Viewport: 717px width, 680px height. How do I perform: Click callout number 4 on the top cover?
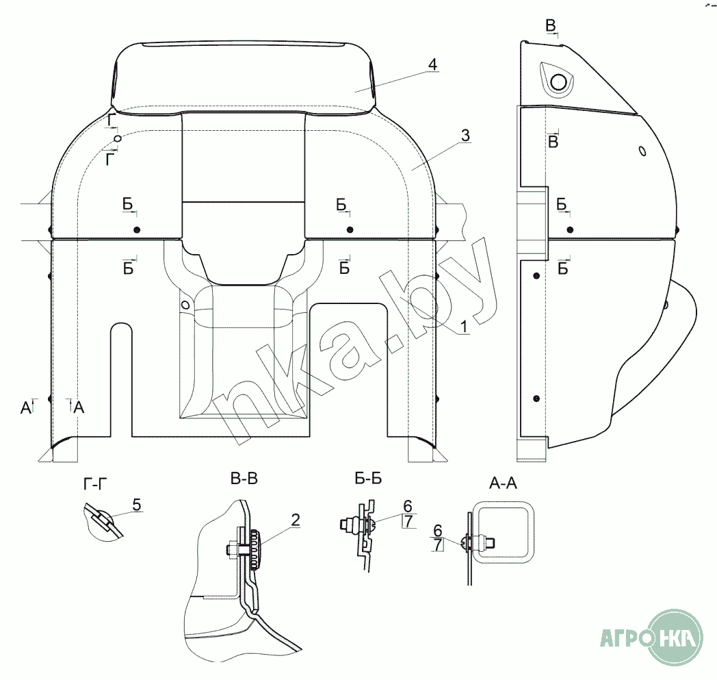coord(432,64)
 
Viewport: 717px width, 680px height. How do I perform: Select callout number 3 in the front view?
coord(465,136)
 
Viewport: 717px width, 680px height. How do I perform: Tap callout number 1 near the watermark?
coord(463,328)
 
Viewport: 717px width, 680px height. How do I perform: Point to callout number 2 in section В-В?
coord(295,520)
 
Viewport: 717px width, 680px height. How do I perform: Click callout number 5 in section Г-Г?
coord(136,505)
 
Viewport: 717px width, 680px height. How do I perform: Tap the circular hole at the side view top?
coord(559,82)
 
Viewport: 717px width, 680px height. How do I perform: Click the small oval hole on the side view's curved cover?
coord(642,151)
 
